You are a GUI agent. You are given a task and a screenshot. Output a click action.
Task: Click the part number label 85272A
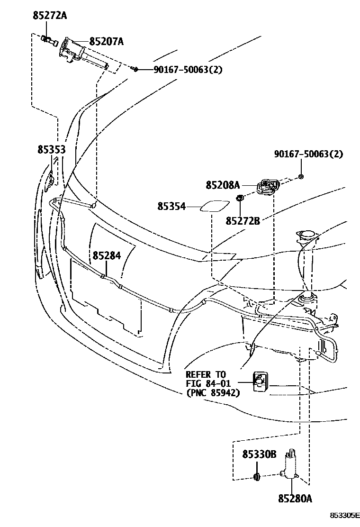(x=50, y=16)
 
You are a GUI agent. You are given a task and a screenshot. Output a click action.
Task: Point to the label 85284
(x=107, y=255)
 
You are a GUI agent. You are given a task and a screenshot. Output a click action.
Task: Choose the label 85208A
(x=223, y=185)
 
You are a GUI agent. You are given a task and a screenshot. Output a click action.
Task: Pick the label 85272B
(x=243, y=220)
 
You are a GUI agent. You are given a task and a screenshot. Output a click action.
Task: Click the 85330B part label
(x=259, y=454)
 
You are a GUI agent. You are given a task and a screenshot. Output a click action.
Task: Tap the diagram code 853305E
(x=345, y=515)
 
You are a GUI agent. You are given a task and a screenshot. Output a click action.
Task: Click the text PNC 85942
(x=213, y=392)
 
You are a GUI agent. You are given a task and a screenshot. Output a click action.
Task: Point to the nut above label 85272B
(x=240, y=198)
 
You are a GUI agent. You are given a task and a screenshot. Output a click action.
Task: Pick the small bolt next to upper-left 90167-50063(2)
(x=135, y=70)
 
